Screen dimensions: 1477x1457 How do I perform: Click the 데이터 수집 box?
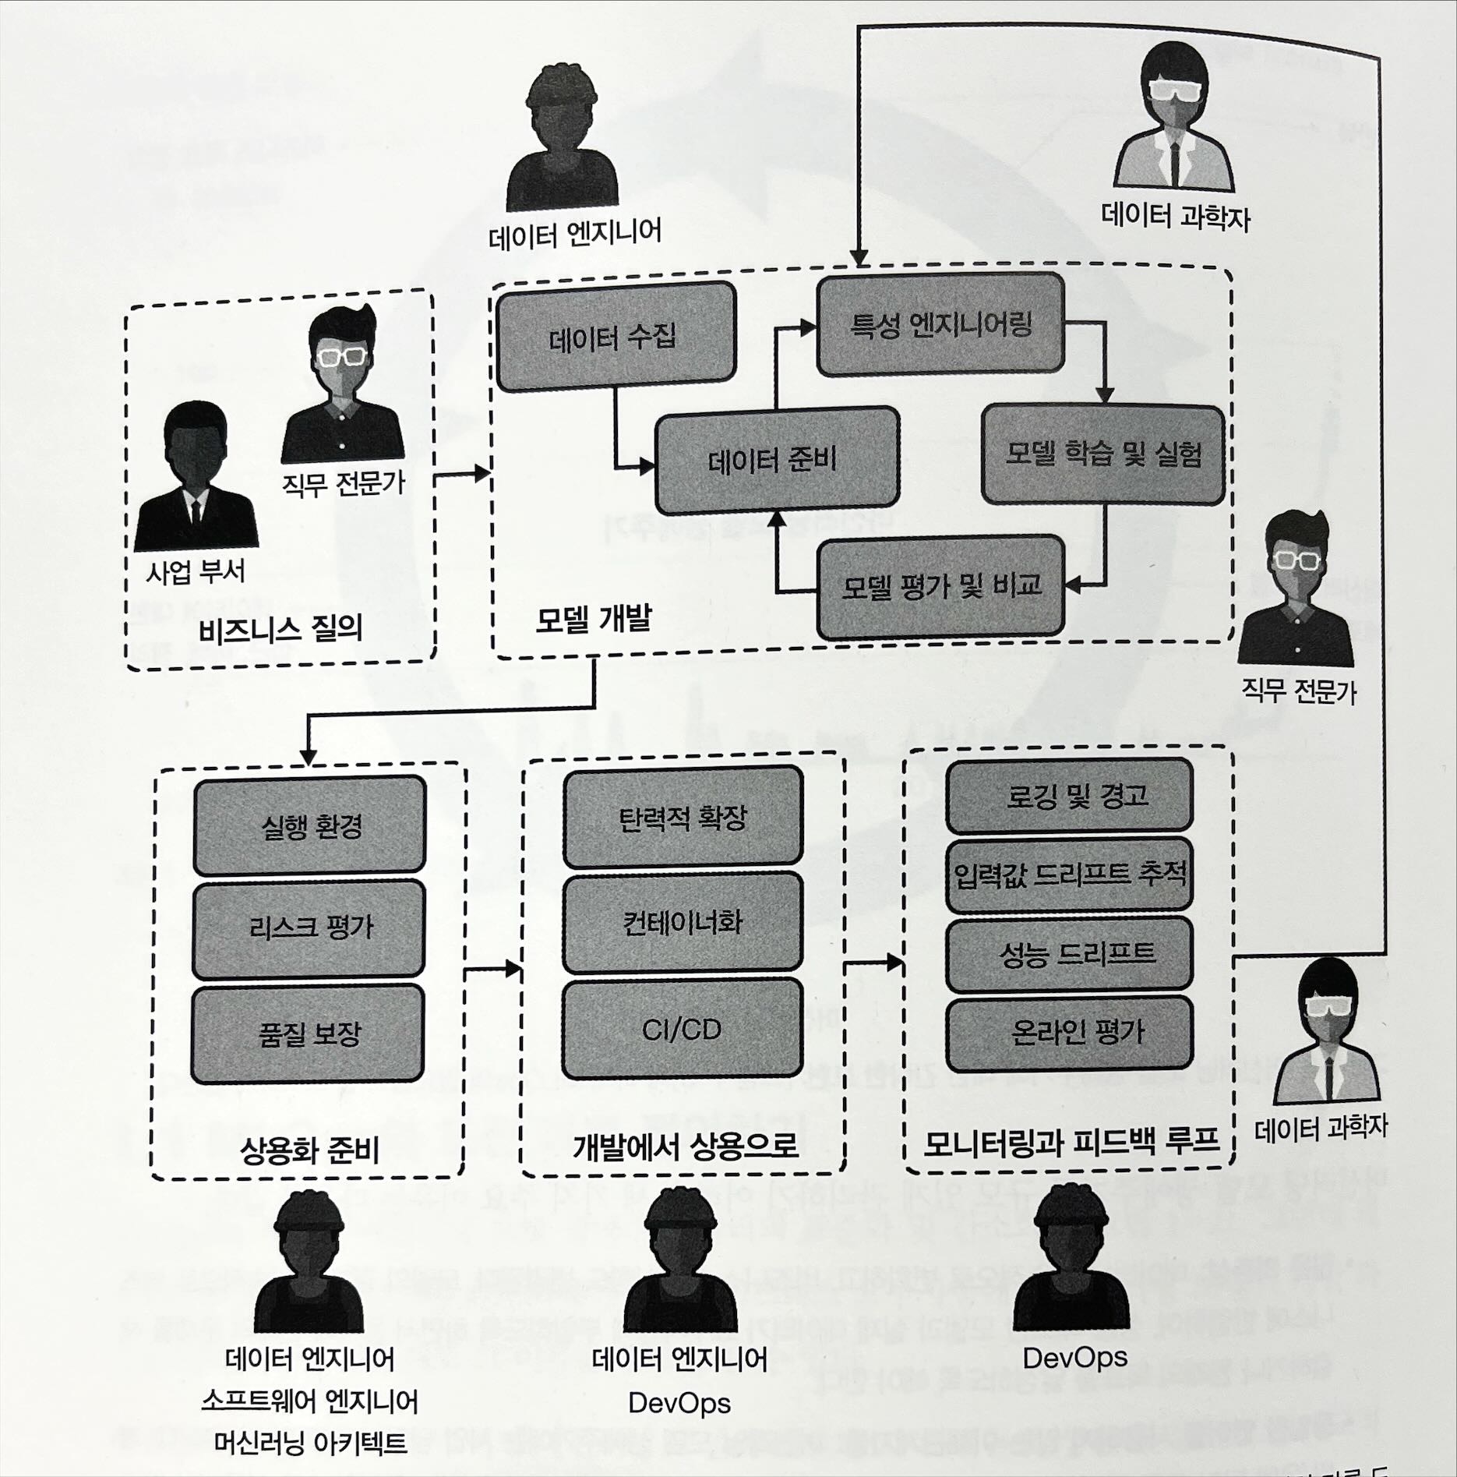616,337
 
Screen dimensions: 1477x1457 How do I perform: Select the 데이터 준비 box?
777,460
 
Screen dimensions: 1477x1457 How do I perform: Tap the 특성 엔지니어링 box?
940,324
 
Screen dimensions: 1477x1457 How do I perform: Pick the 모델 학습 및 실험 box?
1102,454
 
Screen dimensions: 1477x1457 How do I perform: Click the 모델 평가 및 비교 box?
940,586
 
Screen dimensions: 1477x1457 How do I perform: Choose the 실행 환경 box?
309,825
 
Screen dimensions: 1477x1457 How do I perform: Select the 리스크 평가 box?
309,928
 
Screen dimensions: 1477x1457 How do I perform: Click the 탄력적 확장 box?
683,817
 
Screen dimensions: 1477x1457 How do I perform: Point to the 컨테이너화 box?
683,923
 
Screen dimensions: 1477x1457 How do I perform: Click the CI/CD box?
683,1030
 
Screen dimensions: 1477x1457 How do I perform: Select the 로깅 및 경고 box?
1069,795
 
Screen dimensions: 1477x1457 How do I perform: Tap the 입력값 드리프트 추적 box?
1069,875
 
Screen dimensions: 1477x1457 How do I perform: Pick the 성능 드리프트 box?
1069,953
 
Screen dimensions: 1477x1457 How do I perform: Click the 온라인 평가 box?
1069,1034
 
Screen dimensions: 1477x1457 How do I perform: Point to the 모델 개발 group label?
592,619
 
